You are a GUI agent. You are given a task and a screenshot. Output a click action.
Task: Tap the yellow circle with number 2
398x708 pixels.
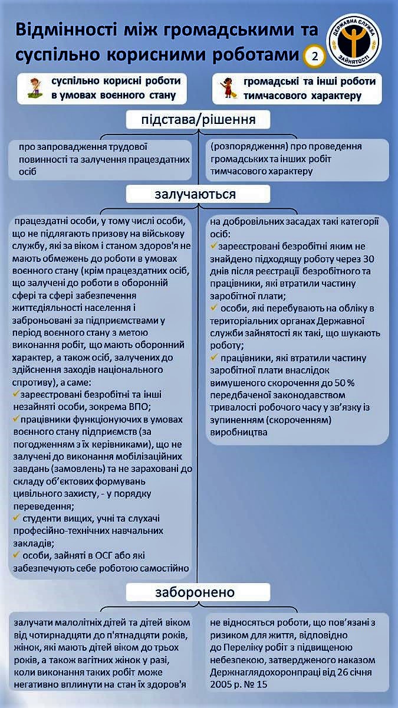point(314,57)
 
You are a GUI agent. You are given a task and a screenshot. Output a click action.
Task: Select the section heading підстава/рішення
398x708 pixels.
point(198,120)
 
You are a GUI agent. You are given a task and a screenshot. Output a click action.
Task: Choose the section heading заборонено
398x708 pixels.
point(195,592)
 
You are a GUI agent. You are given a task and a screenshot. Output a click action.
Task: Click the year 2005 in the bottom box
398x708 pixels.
point(222,685)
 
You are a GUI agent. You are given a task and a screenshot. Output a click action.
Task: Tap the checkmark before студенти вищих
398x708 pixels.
point(15,517)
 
